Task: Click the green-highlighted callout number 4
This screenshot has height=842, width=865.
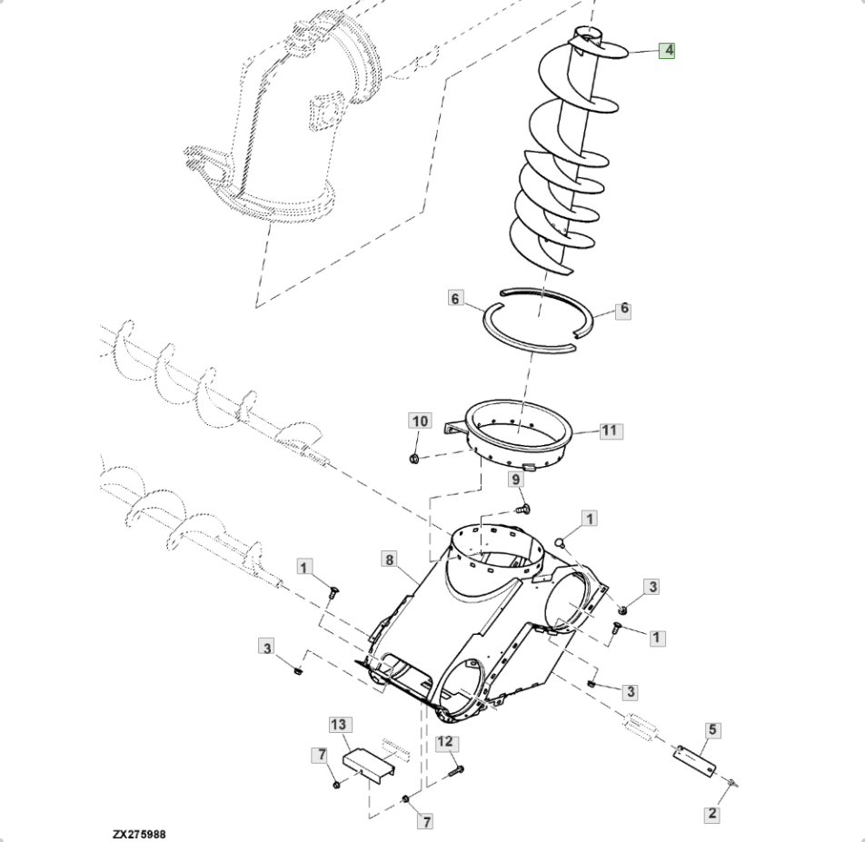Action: coord(667,50)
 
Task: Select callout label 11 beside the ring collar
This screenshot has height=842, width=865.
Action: coord(609,431)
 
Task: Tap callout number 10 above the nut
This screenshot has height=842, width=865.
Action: coord(420,421)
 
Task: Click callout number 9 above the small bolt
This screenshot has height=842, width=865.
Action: coord(516,480)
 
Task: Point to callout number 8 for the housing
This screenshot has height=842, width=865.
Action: coord(390,560)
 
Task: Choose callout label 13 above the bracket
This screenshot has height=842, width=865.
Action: coord(339,725)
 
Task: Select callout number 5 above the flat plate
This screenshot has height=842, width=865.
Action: coord(712,730)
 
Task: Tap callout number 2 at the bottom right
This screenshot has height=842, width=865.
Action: coord(712,813)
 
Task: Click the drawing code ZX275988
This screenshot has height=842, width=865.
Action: coord(139,835)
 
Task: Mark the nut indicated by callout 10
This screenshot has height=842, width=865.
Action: coord(415,458)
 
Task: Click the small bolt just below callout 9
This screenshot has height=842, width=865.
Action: coord(523,509)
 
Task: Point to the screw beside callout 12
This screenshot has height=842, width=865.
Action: coord(457,771)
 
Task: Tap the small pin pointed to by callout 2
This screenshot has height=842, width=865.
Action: coord(732,782)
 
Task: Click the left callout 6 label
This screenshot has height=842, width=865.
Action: coord(455,299)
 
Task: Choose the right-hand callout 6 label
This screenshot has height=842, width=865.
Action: coord(624,309)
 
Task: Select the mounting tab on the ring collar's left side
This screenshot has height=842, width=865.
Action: coord(455,429)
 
